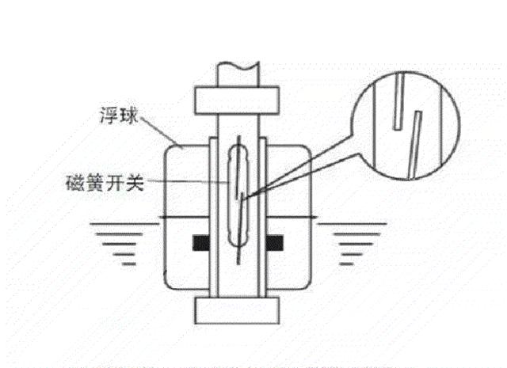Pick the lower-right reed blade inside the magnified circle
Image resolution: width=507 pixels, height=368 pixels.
click(415, 141)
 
